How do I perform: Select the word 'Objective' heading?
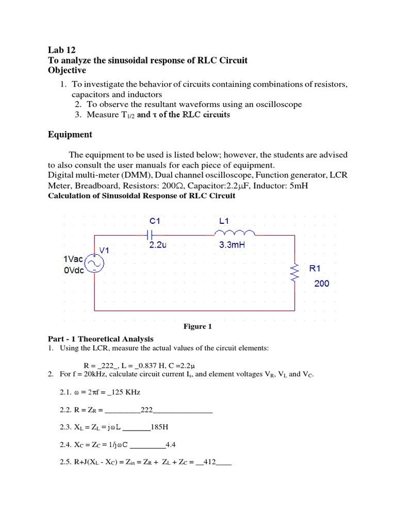point(67,70)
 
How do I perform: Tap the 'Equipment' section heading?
point(70,135)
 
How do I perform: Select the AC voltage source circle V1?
point(95,264)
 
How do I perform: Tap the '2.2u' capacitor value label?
point(158,245)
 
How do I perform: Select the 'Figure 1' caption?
point(197,326)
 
